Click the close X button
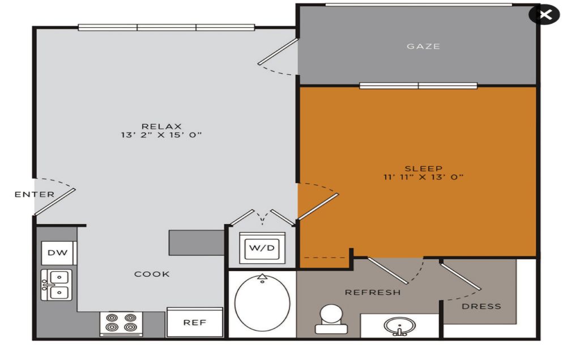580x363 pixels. click(544, 14)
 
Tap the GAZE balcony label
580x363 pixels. click(423, 47)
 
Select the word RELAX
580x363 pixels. click(161, 126)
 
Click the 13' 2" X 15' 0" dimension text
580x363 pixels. click(161, 135)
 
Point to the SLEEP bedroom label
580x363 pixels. click(424, 168)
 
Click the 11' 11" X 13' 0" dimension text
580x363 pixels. click(423, 177)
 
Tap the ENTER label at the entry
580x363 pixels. click(35, 195)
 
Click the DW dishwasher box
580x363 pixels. click(58, 253)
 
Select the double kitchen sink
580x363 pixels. click(57, 285)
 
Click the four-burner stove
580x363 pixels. click(121, 323)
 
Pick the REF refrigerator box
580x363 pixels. click(195, 322)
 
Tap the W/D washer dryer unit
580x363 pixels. click(262, 248)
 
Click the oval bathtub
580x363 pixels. click(262, 302)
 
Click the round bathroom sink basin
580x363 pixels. click(399, 326)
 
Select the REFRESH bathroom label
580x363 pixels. click(373, 293)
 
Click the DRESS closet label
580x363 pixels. click(481, 306)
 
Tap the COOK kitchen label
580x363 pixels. click(152, 274)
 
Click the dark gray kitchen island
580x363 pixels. click(197, 243)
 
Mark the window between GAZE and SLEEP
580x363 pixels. click(419, 86)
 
